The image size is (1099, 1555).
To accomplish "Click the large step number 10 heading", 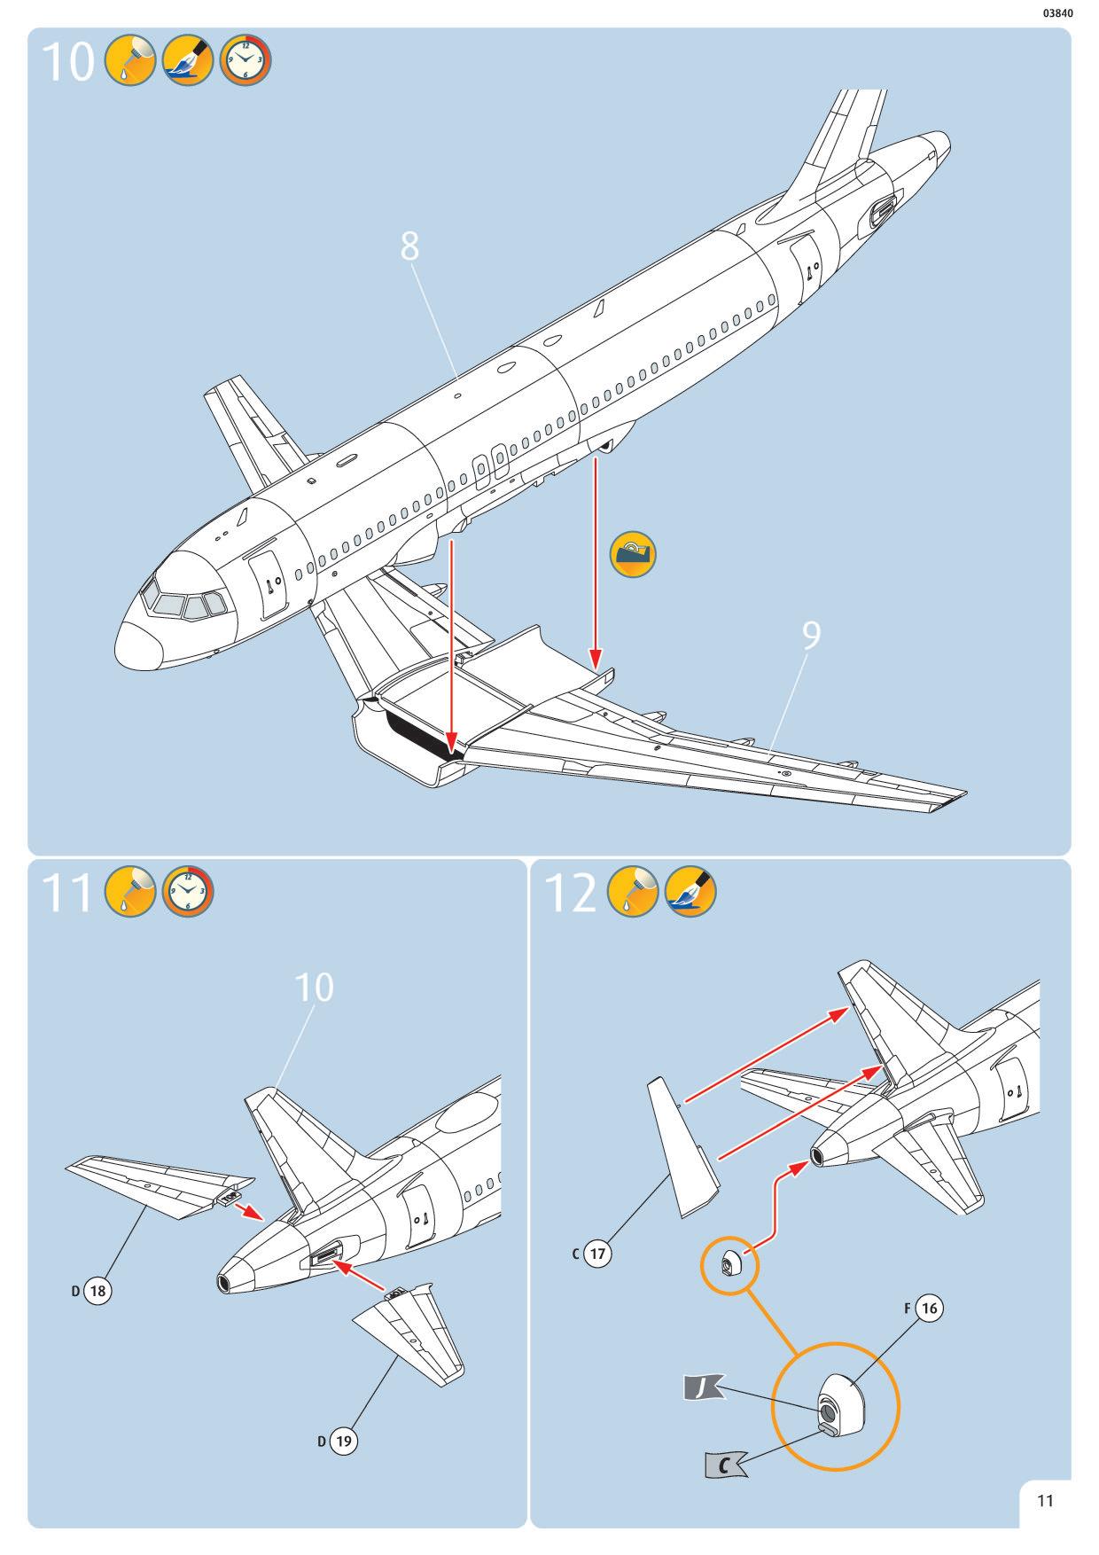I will [67, 62].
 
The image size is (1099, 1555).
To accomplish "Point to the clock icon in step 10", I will [246, 61].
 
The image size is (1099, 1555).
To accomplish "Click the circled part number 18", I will [97, 1291].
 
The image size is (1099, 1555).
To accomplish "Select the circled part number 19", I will [343, 1441].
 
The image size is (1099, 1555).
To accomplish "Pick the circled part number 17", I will [598, 1254].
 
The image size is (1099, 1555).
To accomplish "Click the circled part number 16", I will [928, 1308].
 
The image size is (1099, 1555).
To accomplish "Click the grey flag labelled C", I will [725, 1465].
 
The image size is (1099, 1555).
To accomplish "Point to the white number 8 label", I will [409, 246].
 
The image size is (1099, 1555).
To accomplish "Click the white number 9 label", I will [811, 635].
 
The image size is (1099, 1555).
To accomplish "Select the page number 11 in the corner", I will [1045, 1500].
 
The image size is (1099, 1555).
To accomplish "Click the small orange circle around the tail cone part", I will [730, 1263].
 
